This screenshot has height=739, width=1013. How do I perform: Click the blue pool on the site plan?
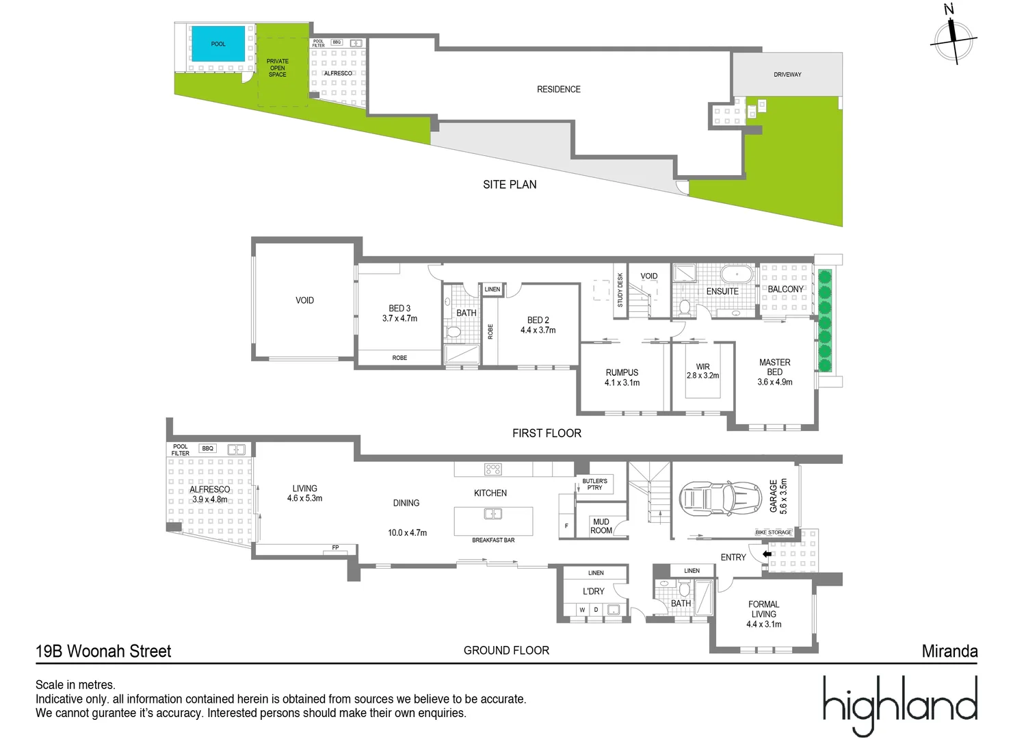pos(218,44)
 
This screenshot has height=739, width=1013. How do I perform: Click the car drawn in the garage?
pos(720,497)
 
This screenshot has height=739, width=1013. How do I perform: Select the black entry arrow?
pos(767,554)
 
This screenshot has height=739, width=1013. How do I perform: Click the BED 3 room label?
pos(399,309)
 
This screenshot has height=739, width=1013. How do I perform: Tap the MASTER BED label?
pos(774,367)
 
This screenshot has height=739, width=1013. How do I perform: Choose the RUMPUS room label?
pos(622,373)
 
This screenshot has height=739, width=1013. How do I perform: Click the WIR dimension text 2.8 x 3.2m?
pos(702,376)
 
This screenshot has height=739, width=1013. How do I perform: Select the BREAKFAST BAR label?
pos(493,541)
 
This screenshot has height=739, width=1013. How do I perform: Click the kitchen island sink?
pos(492,514)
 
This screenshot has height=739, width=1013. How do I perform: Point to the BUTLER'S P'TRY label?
pos(594,484)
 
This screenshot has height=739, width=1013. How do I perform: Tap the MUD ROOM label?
pos(601,526)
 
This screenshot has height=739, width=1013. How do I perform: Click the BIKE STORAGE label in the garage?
pos(773,532)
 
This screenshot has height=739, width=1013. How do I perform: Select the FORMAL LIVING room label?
pos(763,609)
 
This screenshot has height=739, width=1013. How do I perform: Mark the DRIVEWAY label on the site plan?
pos(787,75)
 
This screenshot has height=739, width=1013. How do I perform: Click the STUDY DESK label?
pos(620,290)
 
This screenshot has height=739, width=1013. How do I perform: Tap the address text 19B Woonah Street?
pos(103,651)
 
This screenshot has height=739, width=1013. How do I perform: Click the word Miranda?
pos(949,651)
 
